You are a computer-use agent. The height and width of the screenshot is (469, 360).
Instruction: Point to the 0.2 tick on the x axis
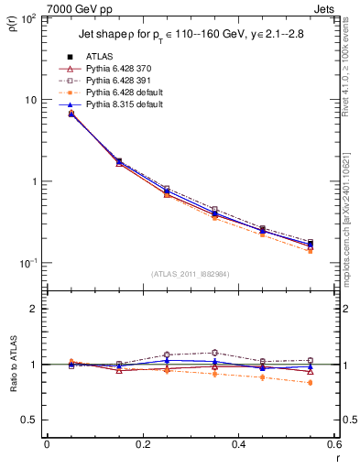(x=142, y=445)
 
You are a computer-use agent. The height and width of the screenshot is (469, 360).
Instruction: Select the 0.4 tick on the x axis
(x=238, y=445)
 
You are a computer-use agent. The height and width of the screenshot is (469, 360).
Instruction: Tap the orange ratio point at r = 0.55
(x=310, y=383)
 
